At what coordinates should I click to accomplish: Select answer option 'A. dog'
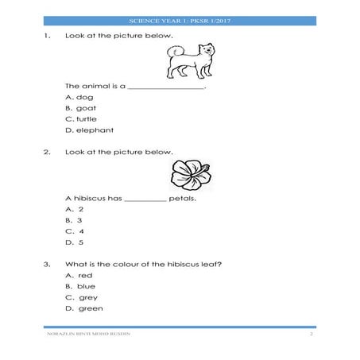pyautogui.click(x=79, y=96)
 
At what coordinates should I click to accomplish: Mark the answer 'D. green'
pyautogui.click(x=84, y=308)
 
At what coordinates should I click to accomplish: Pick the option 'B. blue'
pyautogui.click(x=81, y=285)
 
